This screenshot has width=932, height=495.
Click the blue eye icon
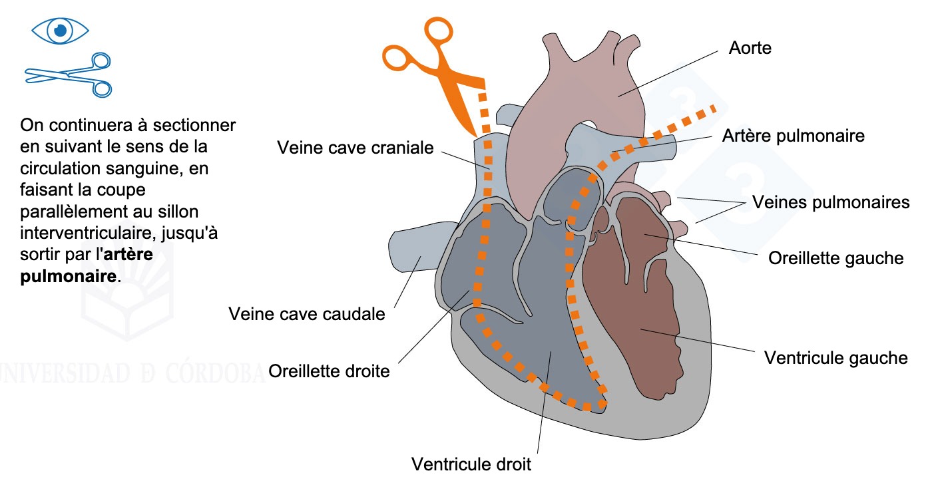click(x=61, y=29)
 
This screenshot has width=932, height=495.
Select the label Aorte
click(x=750, y=48)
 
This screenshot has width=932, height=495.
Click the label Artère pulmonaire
click(x=793, y=136)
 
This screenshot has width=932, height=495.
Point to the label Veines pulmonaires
click(x=830, y=202)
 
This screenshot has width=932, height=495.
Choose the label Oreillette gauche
click(x=835, y=257)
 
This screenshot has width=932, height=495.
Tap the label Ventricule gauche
click(x=835, y=358)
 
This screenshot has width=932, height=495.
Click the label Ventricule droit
click(x=471, y=464)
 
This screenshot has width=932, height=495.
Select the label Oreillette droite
click(x=329, y=371)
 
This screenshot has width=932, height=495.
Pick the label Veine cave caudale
click(x=307, y=313)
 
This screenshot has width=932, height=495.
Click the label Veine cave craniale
click(x=355, y=148)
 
